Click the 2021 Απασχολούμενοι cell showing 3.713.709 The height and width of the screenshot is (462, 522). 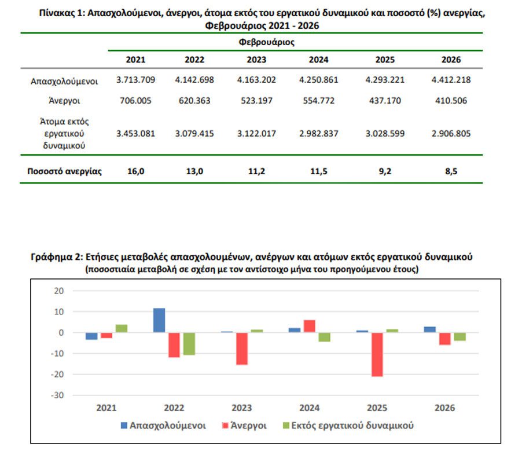(135, 80)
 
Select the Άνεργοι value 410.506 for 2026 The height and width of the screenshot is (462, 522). (451, 101)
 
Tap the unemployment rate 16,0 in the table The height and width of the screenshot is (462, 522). (135, 171)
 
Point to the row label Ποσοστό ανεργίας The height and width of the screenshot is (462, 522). (64, 171)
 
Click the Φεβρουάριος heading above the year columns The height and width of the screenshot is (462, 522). (267, 42)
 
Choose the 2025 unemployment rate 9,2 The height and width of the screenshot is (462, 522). (385, 171)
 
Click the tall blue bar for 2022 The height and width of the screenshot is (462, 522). (159, 320)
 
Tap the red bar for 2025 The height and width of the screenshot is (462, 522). (377, 354)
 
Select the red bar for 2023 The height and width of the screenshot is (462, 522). (242, 349)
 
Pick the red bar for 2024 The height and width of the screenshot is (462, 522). (309, 326)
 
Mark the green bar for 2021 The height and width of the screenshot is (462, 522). (121, 328)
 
